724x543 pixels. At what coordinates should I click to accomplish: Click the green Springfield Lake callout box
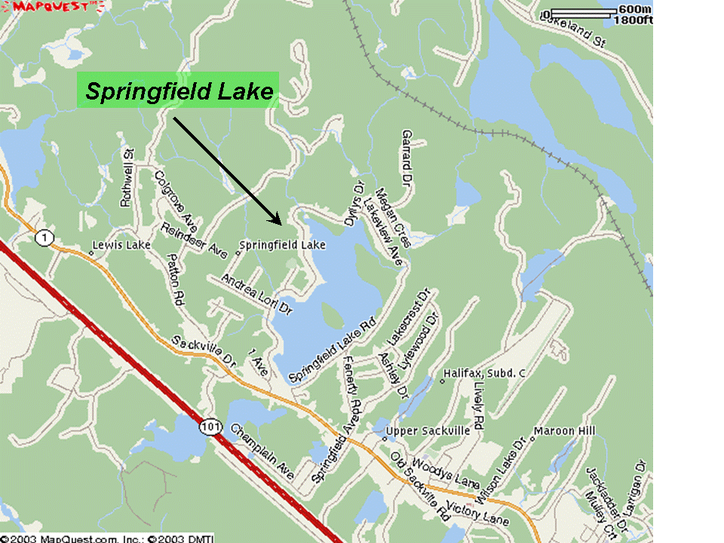[178, 90]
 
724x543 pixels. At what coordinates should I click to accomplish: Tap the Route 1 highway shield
[44, 238]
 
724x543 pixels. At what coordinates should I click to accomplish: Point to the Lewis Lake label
[121, 245]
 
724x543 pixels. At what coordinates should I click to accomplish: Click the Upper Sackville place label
[428, 431]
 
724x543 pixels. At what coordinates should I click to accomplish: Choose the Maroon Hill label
[564, 431]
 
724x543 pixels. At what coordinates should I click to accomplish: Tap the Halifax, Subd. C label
[484, 373]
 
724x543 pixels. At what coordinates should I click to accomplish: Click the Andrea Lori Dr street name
[256, 295]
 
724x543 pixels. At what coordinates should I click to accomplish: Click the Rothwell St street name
[127, 177]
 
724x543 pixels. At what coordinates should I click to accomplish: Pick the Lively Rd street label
[480, 405]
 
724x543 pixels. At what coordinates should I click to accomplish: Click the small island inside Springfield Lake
[332, 313]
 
